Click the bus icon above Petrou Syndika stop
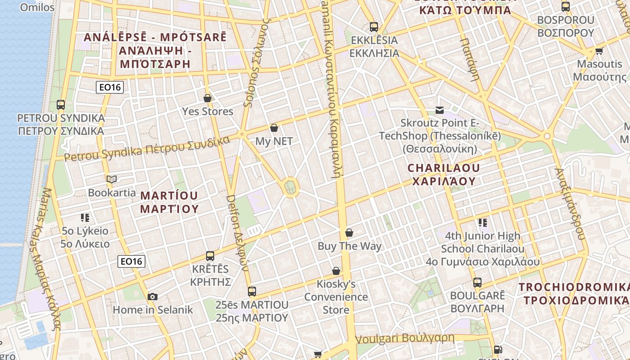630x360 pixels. [x=61, y=105]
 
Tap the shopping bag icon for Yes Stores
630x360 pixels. [x=207, y=98]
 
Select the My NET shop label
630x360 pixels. [x=274, y=141]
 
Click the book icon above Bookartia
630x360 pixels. [x=112, y=179]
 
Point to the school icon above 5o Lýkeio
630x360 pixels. [x=85, y=218]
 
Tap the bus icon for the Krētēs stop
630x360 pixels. [x=210, y=256]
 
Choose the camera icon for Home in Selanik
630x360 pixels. [x=153, y=297]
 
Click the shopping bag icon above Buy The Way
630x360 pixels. [x=349, y=233]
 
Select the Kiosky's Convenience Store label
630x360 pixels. [x=336, y=297]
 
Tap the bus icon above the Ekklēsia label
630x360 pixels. [x=374, y=27]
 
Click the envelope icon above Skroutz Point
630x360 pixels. [x=440, y=110]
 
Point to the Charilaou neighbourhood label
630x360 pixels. [x=444, y=175]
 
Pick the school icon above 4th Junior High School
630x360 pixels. [x=483, y=222]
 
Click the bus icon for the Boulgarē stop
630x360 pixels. [x=477, y=283]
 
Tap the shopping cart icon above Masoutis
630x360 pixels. [x=599, y=51]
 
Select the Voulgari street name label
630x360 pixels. [x=405, y=338]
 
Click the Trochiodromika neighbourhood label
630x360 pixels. [x=574, y=293]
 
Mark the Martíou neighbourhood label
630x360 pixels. [x=169, y=202]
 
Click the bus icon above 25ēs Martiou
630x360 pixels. [x=252, y=292]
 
